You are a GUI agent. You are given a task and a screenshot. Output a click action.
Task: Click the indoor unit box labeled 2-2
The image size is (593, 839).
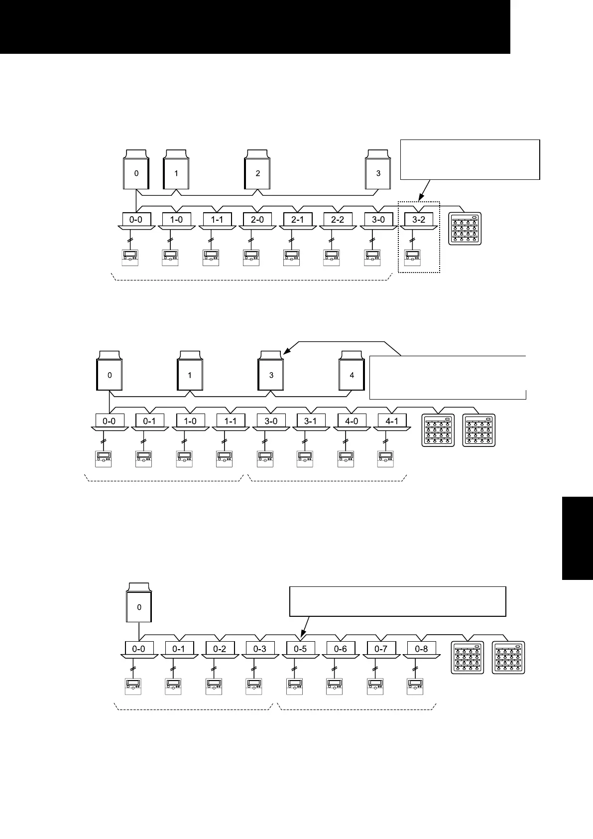click(x=338, y=220)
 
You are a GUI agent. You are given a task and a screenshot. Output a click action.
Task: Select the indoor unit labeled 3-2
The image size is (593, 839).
click(x=419, y=220)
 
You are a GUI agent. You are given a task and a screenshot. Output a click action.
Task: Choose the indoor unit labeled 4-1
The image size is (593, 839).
click(x=392, y=421)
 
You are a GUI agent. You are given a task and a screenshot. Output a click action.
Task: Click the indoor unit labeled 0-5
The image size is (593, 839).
click(x=300, y=649)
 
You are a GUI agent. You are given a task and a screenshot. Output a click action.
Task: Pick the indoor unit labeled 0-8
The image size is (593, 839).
click(x=421, y=649)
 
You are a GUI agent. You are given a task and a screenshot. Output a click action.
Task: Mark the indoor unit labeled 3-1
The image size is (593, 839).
click(x=310, y=421)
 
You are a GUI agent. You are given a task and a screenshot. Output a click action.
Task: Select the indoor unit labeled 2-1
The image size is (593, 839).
click(x=297, y=220)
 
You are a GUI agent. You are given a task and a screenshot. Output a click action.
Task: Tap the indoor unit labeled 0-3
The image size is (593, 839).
click(x=260, y=649)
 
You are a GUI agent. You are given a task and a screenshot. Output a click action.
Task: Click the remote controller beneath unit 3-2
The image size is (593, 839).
click(x=412, y=258)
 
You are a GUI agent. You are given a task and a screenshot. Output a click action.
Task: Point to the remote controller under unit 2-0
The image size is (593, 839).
click(x=251, y=258)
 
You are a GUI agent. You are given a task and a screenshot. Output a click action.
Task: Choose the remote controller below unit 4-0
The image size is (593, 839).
click(x=345, y=459)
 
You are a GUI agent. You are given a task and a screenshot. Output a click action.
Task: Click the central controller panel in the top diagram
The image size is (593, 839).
click(x=466, y=229)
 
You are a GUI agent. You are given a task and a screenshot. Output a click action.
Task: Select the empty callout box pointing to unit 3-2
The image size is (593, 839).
click(x=470, y=159)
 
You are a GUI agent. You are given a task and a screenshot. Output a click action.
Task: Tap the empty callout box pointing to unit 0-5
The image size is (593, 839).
click(x=397, y=601)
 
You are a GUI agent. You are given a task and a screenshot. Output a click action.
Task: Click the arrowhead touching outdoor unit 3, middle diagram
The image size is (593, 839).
click(x=284, y=353)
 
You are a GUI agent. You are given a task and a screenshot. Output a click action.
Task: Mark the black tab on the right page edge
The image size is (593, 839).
click(x=578, y=538)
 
